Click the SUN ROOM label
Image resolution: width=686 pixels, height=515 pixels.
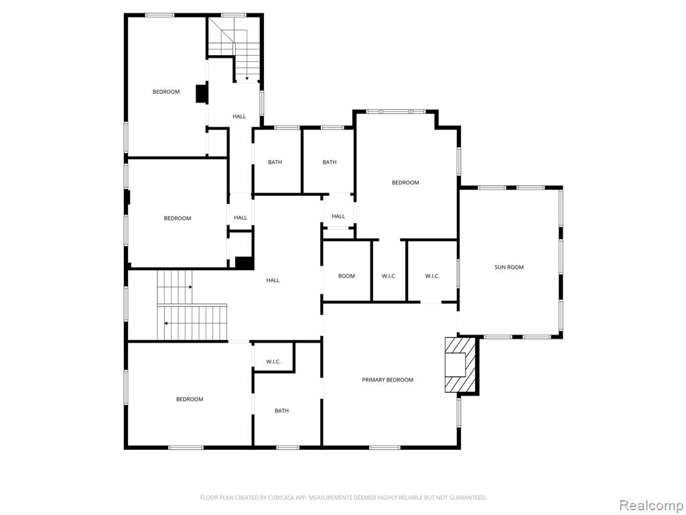pos(509,267)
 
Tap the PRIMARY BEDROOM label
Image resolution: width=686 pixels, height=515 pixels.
pos(388,380)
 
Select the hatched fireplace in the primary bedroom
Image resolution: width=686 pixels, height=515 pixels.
pos(460,365)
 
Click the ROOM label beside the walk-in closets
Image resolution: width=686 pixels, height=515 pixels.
pos(346,276)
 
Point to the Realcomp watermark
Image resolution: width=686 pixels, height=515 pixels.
pos(650,506)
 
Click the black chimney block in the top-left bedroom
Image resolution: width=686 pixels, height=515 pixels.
pos(202,93)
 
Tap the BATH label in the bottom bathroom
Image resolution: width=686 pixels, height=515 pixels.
pos(282,411)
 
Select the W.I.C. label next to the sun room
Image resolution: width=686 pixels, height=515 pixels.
pos(432,276)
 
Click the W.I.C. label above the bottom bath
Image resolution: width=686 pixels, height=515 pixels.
pos(273,361)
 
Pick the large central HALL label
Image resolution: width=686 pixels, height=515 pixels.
pos(273,280)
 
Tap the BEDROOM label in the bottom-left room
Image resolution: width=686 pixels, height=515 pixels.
pos(190,400)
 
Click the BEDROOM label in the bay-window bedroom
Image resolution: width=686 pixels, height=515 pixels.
pos(405,182)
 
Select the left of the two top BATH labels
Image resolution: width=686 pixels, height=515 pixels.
pos(275,162)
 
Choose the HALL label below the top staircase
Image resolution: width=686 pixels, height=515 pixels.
pos(239,117)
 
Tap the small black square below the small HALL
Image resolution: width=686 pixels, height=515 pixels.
pos(245,263)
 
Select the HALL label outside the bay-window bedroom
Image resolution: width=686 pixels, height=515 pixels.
pos(338,217)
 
